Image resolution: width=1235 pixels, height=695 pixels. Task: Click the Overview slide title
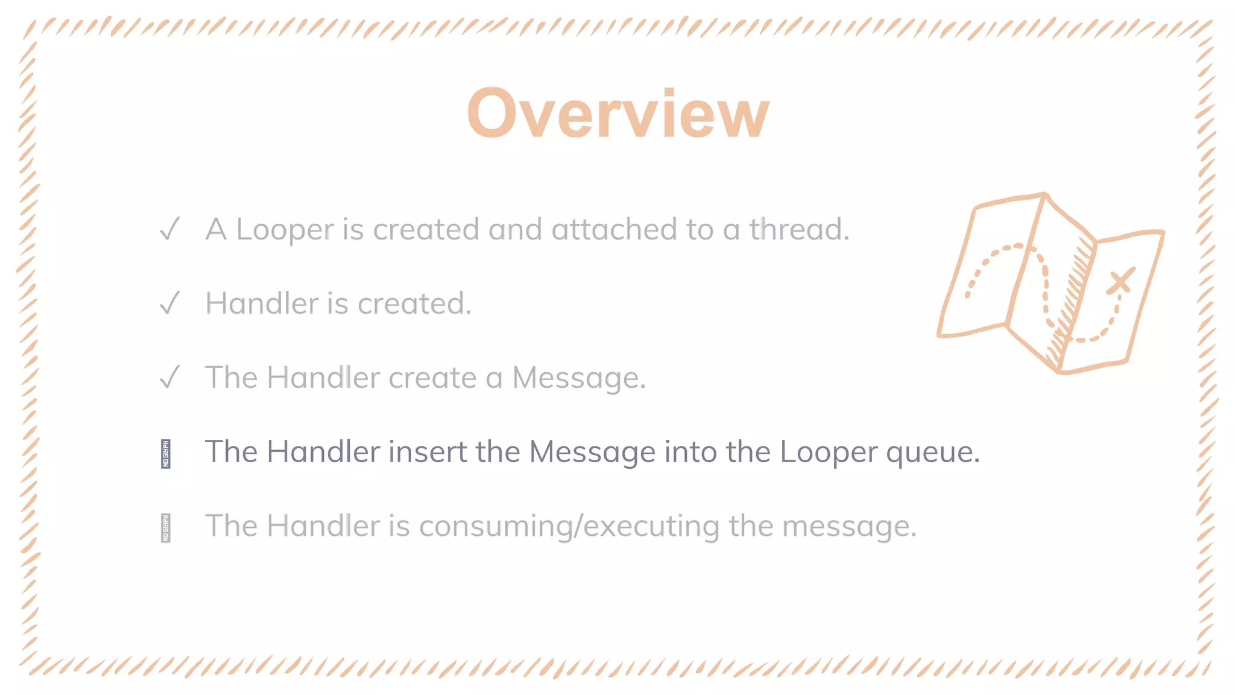618,113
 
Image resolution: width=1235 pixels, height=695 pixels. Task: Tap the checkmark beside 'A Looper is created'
170,229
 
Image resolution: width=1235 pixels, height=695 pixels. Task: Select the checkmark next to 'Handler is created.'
170,303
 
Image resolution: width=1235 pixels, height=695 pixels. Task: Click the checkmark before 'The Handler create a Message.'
170,377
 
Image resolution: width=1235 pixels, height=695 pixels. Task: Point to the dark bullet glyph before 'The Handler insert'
166,454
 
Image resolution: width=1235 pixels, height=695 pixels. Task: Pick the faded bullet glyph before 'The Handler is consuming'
166,528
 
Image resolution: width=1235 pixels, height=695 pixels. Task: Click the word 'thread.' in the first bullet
799,229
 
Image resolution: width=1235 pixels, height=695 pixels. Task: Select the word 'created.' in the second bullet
414,303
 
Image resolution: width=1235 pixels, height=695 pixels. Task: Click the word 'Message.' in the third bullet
579,378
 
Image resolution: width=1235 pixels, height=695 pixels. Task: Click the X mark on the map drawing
1120,281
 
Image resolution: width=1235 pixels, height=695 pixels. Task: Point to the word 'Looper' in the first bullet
285,230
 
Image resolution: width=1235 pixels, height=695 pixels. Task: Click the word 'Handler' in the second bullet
262,303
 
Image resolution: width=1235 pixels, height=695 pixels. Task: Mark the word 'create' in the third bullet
432,378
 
